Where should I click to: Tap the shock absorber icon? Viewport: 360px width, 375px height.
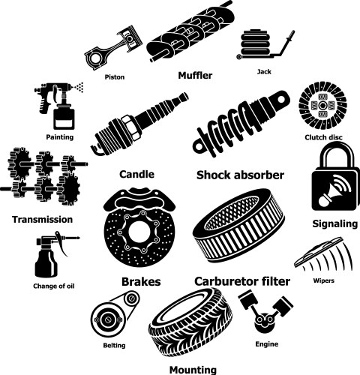[241, 123]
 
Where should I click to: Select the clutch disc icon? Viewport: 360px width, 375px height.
[322, 106]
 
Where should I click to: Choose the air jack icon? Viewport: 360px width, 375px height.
[265, 44]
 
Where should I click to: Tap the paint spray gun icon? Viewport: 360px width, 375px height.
[59, 106]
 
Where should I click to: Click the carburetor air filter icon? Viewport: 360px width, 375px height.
[238, 225]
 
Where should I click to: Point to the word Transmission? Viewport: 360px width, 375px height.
[43, 220]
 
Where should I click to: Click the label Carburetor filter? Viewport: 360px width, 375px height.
[242, 281]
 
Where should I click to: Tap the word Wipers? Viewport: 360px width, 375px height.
[323, 280]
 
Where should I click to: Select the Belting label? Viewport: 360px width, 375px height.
[114, 346]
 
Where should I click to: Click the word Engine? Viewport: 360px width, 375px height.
[267, 344]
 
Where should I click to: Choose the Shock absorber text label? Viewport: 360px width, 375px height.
[240, 175]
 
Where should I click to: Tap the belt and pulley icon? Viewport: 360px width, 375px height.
[115, 316]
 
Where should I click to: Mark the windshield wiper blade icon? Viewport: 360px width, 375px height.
[324, 254]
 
